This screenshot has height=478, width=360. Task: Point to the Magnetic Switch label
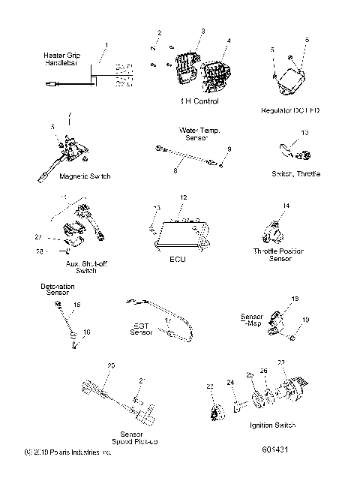[64, 176]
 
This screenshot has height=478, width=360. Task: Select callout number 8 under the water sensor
[175, 171]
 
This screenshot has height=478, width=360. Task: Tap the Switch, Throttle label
[296, 174]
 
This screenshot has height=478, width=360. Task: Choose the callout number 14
[286, 205]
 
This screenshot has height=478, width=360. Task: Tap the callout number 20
[111, 365]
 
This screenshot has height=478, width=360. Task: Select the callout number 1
[106, 46]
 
